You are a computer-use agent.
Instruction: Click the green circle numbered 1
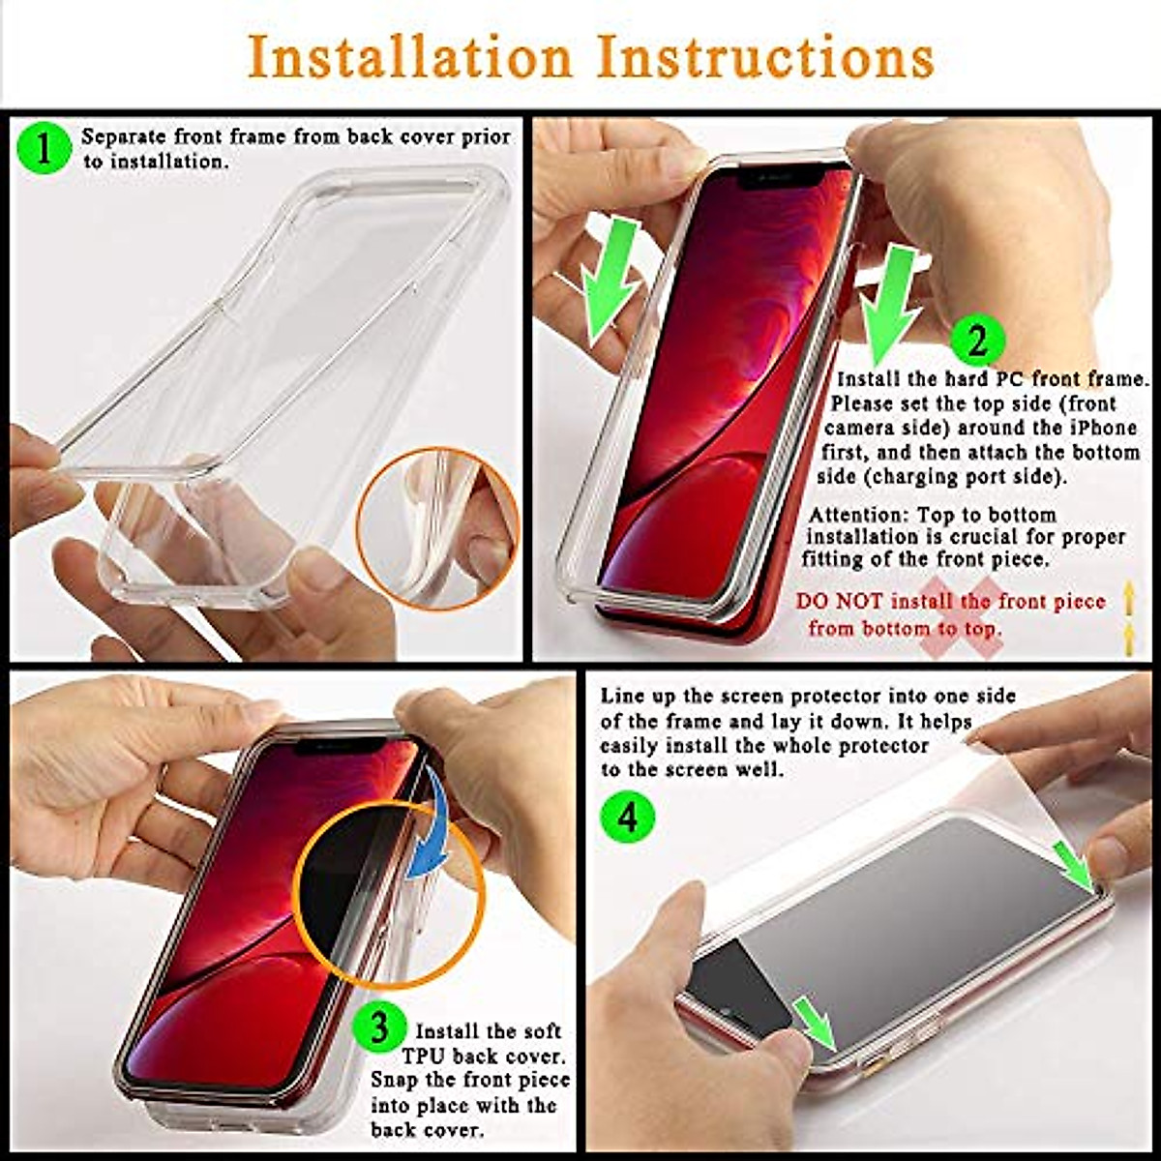pyautogui.click(x=45, y=149)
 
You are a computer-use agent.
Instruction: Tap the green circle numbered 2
pyautogui.click(x=977, y=341)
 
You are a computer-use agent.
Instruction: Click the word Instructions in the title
pyautogui.click(x=764, y=57)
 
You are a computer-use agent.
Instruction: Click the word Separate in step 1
pyautogui.click(x=123, y=136)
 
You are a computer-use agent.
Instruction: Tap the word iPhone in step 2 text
pyautogui.click(x=1102, y=428)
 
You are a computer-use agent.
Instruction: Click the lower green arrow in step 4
pyautogui.click(x=815, y=1022)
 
